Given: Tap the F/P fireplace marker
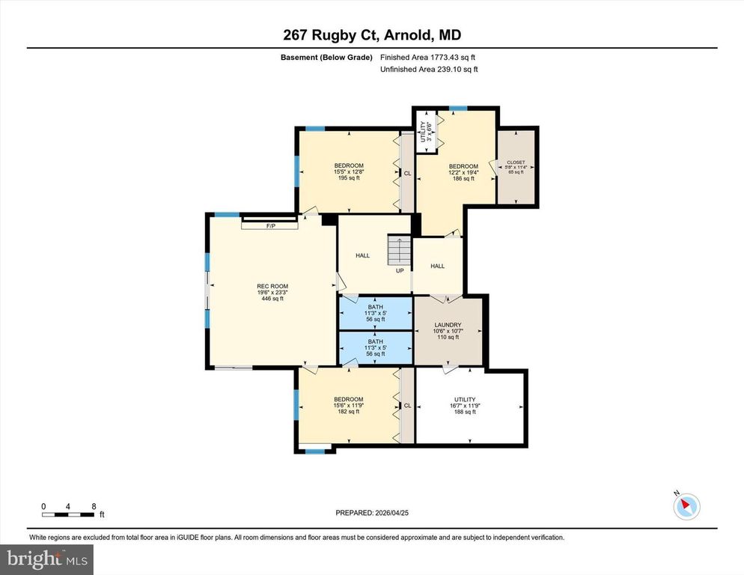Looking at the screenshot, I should [270, 225].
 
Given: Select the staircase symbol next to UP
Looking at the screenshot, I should [399, 250].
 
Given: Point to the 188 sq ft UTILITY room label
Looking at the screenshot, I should [465, 405].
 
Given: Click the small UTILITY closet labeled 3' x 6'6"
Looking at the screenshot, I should [426, 131].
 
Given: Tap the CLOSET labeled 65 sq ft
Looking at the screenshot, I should [516, 167].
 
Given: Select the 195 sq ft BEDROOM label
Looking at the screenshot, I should [349, 171].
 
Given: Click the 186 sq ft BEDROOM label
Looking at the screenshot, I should [463, 172].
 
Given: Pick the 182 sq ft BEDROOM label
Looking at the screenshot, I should [348, 405].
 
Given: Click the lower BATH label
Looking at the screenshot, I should [375, 347].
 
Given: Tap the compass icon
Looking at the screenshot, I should [686, 506].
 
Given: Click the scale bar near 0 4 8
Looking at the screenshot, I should [68, 514].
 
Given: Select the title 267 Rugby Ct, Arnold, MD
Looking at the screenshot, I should [372, 34].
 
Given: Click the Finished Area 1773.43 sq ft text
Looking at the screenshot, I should [428, 58].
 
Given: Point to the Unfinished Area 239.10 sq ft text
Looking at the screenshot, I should [428, 69].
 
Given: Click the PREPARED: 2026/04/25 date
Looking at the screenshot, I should [372, 513].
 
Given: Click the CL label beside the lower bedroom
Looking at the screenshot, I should [407, 407].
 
